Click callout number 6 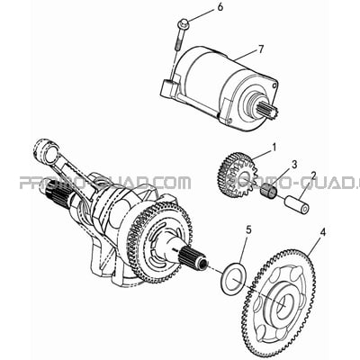220,7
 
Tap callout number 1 274,148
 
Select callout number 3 294,164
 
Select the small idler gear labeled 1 238,173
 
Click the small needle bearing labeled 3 268,192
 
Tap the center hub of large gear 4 283,300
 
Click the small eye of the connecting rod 42,148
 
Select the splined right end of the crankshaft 193,258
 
